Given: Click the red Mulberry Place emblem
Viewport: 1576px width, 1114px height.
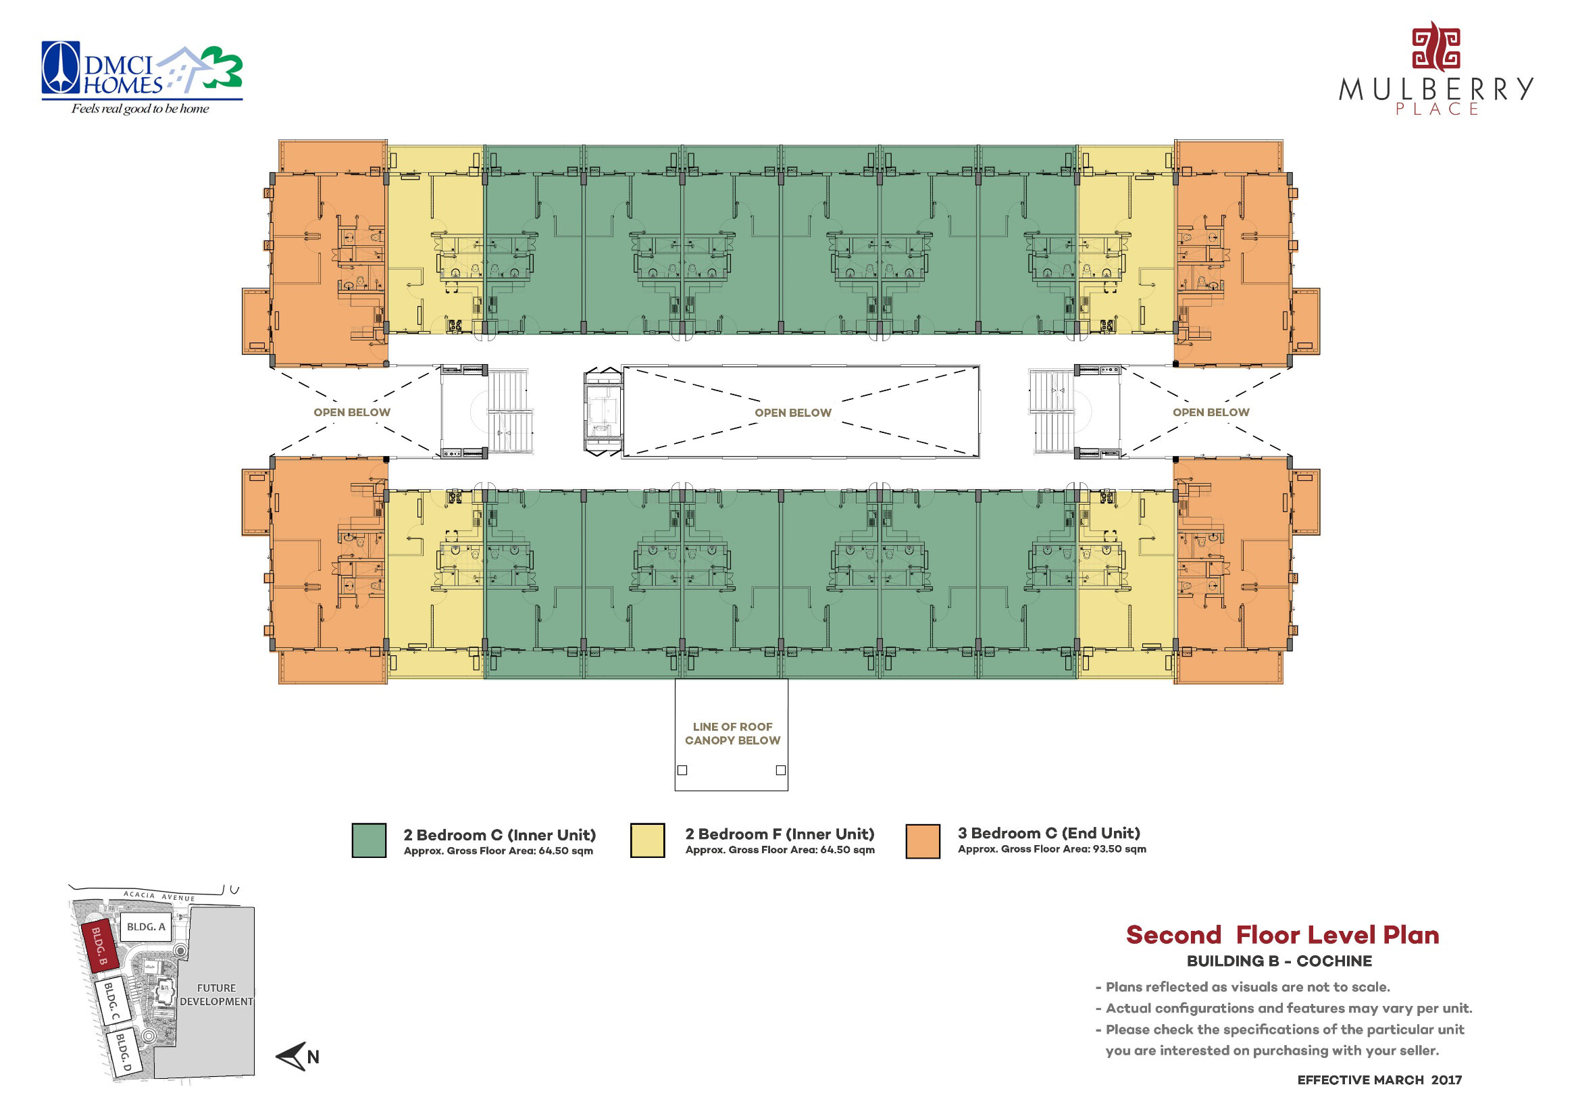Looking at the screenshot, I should pyautogui.click(x=1435, y=47).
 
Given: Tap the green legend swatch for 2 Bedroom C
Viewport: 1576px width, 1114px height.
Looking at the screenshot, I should pyautogui.click(x=369, y=840).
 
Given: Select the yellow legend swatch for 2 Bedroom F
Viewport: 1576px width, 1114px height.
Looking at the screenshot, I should pyautogui.click(x=647, y=840).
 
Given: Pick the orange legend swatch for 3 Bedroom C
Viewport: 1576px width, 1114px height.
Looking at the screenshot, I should pyautogui.click(x=923, y=840).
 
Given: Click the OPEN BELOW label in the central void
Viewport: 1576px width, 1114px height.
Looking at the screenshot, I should pyautogui.click(x=793, y=413).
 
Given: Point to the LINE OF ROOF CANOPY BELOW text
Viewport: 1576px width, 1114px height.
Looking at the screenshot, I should pyautogui.click(x=732, y=733).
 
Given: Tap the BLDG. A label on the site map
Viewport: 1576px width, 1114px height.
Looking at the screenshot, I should pyautogui.click(x=146, y=927).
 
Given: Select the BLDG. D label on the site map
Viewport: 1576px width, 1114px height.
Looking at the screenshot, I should pyautogui.click(x=123, y=1053).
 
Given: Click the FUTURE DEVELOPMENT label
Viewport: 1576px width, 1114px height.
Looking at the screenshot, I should pyautogui.click(x=216, y=994).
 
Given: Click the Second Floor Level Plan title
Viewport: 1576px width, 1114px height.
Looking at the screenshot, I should pyautogui.click(x=1282, y=935).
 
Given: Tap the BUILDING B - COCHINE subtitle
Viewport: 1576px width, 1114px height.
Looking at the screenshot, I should pyautogui.click(x=1279, y=961).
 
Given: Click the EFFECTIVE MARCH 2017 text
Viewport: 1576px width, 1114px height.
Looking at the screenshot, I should pyautogui.click(x=1379, y=1080).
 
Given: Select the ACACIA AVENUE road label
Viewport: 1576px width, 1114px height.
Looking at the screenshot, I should pyautogui.click(x=159, y=896).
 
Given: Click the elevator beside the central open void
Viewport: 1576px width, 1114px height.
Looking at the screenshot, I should pyautogui.click(x=602, y=412).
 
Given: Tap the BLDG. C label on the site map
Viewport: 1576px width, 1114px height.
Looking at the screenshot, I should pyautogui.click(x=111, y=1001).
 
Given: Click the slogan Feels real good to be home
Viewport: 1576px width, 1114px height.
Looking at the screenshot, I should pyautogui.click(x=141, y=109).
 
